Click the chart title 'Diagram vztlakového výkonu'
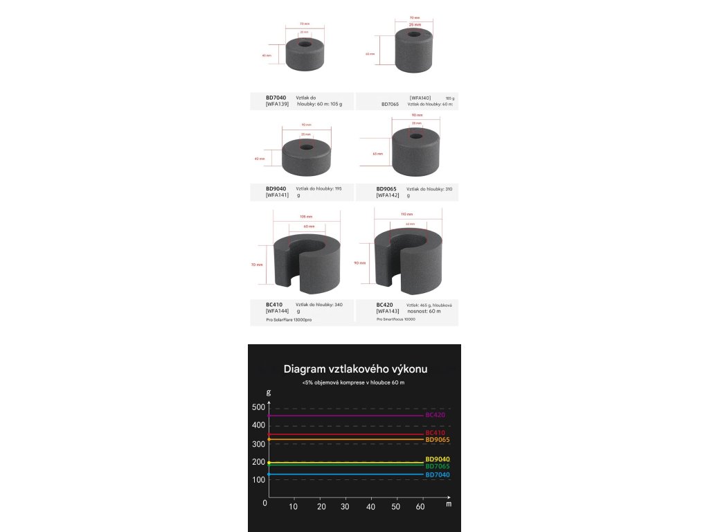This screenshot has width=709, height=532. coord(355,369)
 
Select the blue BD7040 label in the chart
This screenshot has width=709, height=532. coord(438,475)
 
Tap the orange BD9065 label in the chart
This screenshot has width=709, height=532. coord(438,440)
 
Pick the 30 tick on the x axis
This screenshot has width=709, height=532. coord(346,508)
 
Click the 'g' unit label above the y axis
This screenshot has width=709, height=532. coord(269,392)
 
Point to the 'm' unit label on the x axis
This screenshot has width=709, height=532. coord(449,505)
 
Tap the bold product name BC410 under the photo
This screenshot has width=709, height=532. coord(274,305)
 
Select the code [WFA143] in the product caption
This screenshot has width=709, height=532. coord(388,312)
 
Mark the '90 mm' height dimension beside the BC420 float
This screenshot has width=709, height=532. coord(360,264)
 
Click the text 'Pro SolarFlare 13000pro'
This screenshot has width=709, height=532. coord(289,320)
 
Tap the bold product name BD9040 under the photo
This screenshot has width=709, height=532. coord(276,188)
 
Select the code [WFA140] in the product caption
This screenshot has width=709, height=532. coord(420,98)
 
